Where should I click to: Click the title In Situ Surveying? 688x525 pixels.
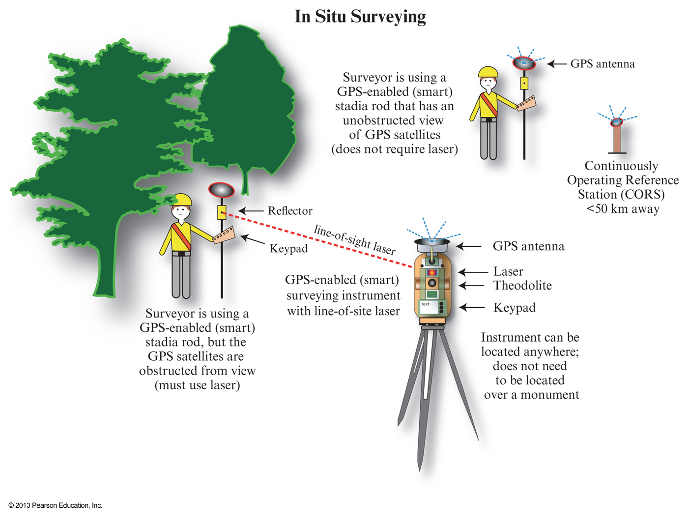(360, 16)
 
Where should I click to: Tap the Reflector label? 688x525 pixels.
(290, 211)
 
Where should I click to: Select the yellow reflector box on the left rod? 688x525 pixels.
(222, 212)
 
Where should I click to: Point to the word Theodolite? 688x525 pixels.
(522, 286)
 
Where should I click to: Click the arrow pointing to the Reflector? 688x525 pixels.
(251, 211)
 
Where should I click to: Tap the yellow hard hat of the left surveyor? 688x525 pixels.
(182, 199)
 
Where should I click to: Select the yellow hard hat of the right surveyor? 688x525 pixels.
(488, 72)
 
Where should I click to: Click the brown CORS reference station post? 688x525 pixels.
(617, 140)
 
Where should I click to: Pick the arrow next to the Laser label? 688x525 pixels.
(473, 272)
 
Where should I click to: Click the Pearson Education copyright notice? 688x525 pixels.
(56, 505)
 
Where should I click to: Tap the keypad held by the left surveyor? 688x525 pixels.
(224, 235)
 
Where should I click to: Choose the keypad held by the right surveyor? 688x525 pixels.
(526, 103)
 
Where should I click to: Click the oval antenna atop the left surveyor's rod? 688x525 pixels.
(221, 190)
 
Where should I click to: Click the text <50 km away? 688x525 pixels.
(623, 209)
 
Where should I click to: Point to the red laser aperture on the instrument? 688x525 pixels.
(432, 272)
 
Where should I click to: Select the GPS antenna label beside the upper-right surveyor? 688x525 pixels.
(602, 64)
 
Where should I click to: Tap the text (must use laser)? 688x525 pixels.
(197, 385)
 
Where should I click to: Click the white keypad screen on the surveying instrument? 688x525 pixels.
(427, 307)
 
